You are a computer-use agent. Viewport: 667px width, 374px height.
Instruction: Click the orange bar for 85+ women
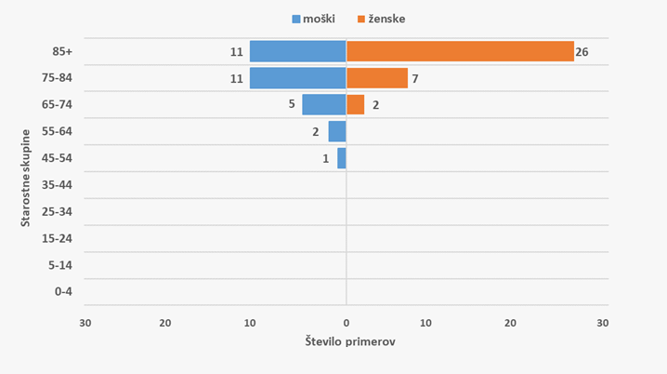pyautogui.click(x=460, y=52)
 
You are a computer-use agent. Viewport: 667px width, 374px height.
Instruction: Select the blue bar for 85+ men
pyautogui.click(x=297, y=52)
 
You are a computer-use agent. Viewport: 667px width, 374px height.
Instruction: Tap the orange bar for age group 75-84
pyautogui.click(x=376, y=78)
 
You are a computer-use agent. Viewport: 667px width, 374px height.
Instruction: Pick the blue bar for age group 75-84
pyautogui.click(x=297, y=78)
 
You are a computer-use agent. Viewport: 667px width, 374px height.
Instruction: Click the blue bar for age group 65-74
pyautogui.click(x=323, y=105)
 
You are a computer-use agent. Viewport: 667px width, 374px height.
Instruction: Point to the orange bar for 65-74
pyautogui.click(x=355, y=105)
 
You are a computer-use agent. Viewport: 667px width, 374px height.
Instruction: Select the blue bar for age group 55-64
pyautogui.click(x=336, y=131)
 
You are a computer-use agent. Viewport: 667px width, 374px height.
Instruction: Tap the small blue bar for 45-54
pyautogui.click(x=341, y=158)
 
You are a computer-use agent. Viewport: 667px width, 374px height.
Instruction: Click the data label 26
pyautogui.click(x=582, y=52)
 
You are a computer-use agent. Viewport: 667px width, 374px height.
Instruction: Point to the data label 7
pyautogui.click(x=415, y=79)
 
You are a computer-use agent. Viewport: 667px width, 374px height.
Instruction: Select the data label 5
pyautogui.click(x=292, y=105)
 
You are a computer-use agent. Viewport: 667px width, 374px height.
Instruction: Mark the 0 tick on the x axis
pyautogui.click(x=346, y=323)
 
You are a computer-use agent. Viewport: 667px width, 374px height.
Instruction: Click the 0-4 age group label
pyautogui.click(x=64, y=292)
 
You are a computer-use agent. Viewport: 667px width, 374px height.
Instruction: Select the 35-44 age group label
pyautogui.click(x=64, y=184)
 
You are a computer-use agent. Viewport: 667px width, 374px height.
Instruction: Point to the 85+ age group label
pyautogui.click(x=64, y=51)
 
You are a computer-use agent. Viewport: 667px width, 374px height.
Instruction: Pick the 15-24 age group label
pyautogui.click(x=64, y=238)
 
